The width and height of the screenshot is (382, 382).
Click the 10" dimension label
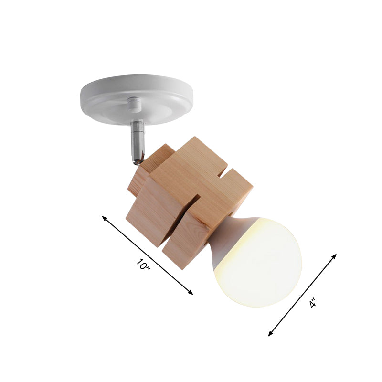[143, 265]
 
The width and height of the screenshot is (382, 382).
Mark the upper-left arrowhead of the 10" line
[104, 218]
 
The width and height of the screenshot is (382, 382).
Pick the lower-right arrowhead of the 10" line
[191, 293]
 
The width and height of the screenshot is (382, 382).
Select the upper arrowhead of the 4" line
[335, 255]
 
